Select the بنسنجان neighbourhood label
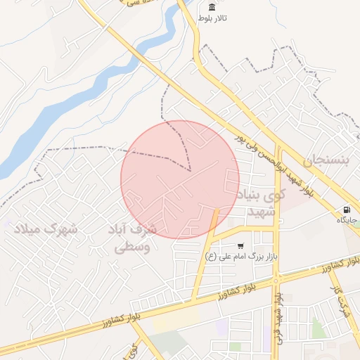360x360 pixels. [325, 160]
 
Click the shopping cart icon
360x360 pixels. [241, 246]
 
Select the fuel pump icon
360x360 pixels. [347, 210]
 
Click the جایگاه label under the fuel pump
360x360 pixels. [347, 220]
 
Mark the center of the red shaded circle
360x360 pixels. [180, 179]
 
